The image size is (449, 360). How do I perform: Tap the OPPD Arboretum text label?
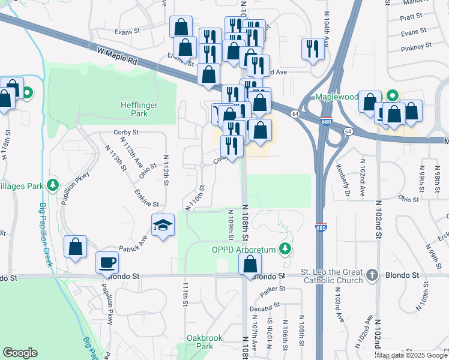(x=243, y=249)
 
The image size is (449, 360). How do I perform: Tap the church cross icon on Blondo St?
(x=372, y=275)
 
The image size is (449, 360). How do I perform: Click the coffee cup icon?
(x=107, y=262)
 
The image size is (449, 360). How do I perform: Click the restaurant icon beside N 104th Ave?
(x=312, y=48)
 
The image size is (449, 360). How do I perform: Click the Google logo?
(x=20, y=353)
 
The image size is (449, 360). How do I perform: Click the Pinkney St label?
(x=416, y=46)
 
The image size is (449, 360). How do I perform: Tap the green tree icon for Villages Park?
(x=53, y=184)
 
